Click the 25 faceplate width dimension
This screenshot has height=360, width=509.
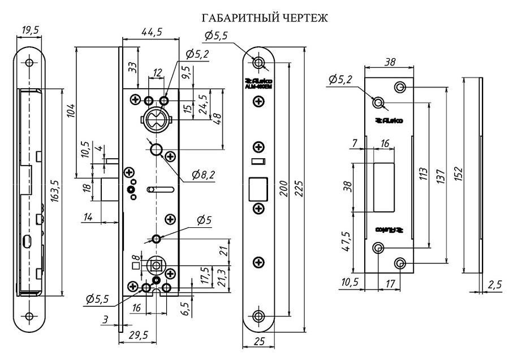[x=260, y=341]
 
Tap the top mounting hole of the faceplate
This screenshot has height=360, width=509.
[x=259, y=62]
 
